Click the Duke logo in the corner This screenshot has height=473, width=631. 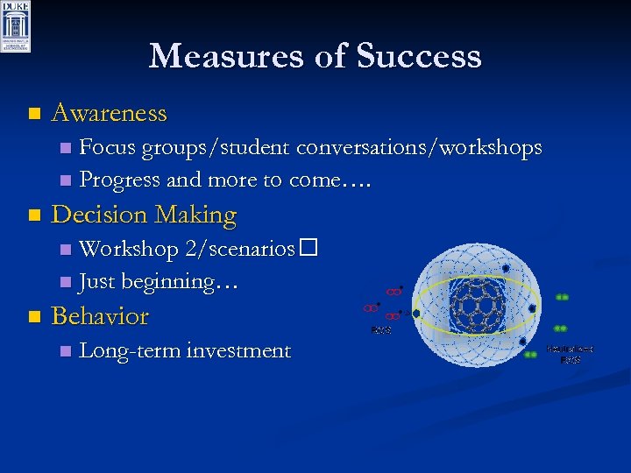pyautogui.click(x=16, y=26)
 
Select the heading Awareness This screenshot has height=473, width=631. pyautogui.click(x=109, y=113)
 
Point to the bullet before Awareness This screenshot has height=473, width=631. pyautogui.click(x=34, y=114)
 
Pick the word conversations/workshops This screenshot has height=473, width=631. pyautogui.click(x=419, y=148)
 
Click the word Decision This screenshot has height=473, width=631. pyautogui.click(x=100, y=215)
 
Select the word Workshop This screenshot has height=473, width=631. pyautogui.click(x=129, y=249)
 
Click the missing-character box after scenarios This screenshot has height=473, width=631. pyautogui.click(x=306, y=249)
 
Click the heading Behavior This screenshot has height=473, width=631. pyautogui.click(x=100, y=315)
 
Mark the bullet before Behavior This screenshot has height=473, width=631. pyautogui.click(x=34, y=316)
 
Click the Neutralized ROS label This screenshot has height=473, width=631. pyautogui.click(x=571, y=353)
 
